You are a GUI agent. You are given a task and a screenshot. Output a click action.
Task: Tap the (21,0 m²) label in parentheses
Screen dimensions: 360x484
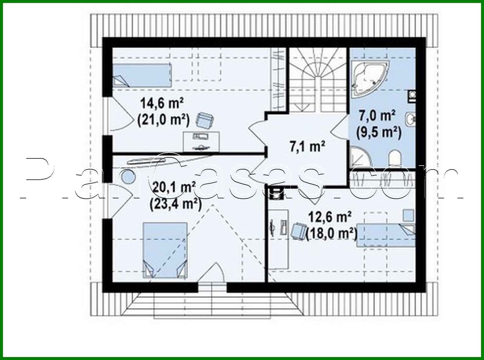pos(164,120)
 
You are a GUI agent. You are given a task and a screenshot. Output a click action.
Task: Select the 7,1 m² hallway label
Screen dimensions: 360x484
pos(307,146)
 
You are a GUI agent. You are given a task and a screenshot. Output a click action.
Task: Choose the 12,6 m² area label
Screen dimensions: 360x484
pos(330,217)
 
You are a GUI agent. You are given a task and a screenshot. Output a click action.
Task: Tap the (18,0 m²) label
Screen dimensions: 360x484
pos(331,234)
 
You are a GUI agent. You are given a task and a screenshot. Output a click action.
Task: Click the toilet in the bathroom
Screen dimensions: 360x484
pos(395,158)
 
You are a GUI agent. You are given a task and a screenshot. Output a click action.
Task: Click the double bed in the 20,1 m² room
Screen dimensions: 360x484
pos(165,250)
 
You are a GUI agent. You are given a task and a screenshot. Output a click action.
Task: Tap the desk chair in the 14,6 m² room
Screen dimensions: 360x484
pos(204,120)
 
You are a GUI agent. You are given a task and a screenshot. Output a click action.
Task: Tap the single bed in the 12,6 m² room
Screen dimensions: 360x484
pos(385,235)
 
